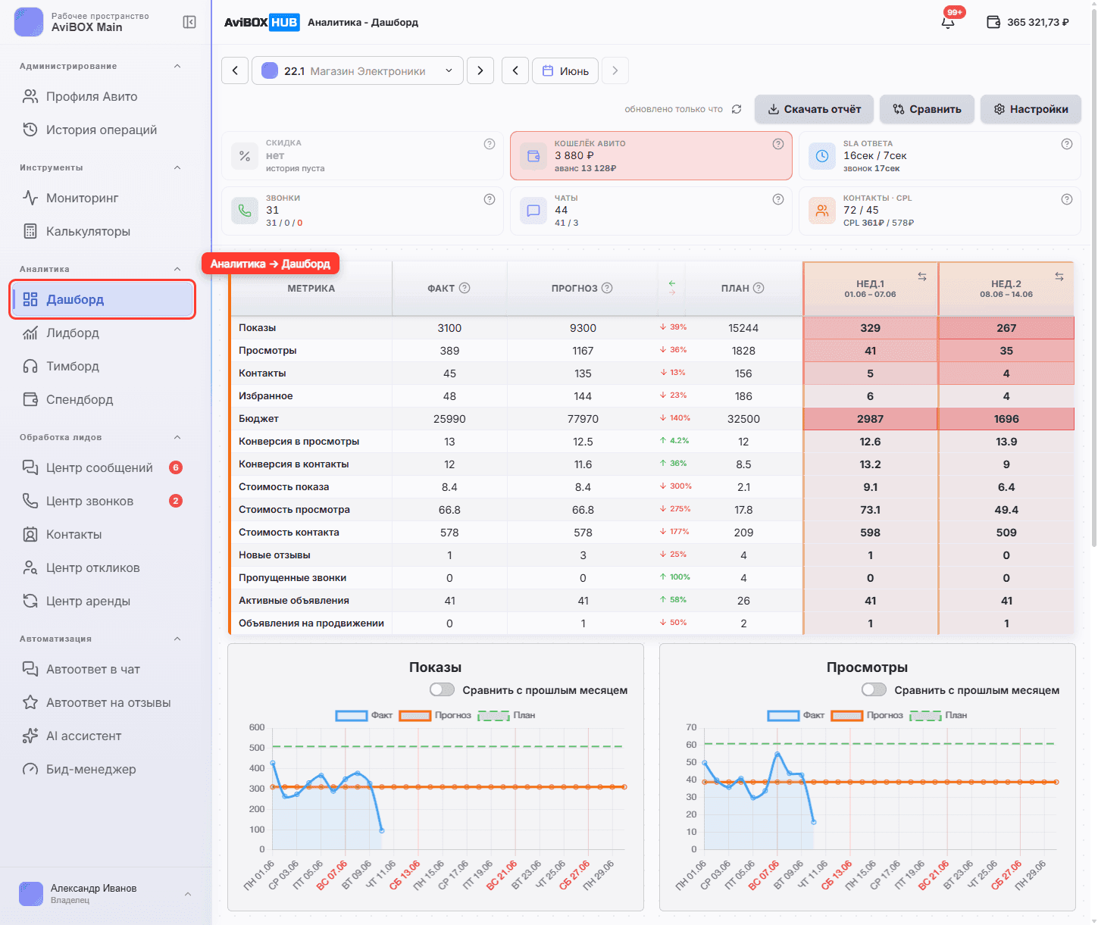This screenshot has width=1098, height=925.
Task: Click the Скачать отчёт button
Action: [814, 109]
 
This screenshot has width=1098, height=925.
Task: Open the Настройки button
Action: [1030, 109]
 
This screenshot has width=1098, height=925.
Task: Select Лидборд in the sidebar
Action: [72, 333]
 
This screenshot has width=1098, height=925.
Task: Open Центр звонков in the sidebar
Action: [89, 502]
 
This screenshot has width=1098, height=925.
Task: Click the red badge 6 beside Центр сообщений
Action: [176, 467]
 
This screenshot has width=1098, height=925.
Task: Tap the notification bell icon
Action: [948, 23]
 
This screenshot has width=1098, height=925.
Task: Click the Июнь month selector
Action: [565, 71]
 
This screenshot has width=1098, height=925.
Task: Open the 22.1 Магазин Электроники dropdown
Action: [357, 71]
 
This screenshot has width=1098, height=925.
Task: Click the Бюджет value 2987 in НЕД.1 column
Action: [870, 419]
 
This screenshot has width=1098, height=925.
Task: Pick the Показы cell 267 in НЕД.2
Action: [1006, 328]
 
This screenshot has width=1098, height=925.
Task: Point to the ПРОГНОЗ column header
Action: [574, 288]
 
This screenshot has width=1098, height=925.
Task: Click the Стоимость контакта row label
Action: [289, 532]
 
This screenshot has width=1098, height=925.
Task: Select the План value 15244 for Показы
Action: [743, 328]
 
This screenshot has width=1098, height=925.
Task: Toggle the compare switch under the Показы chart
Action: [442, 689]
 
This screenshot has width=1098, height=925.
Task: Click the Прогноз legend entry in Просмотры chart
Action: [867, 715]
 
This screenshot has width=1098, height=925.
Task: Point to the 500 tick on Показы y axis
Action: [257, 747]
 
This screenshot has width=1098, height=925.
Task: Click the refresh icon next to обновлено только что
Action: [737, 109]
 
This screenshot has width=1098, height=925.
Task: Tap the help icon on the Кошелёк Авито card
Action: [777, 144]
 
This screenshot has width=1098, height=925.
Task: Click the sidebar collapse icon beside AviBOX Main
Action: [189, 22]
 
